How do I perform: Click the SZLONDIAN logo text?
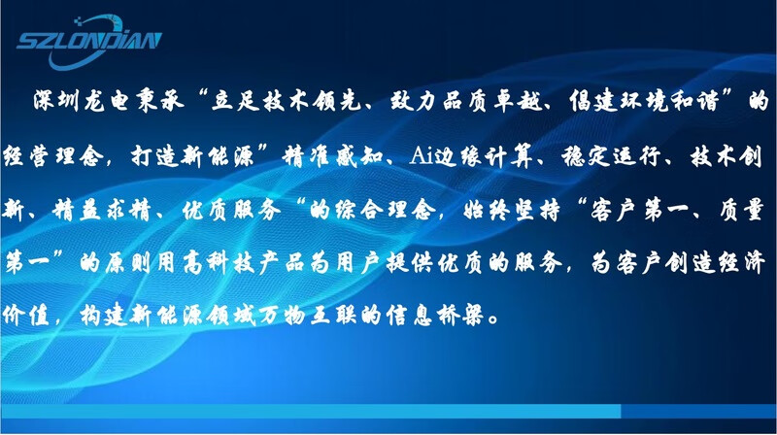tap(89, 41)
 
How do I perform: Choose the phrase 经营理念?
tap(53, 156)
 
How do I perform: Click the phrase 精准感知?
tap(333, 156)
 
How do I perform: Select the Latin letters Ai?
tap(421, 156)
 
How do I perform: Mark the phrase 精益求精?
tap(101, 211)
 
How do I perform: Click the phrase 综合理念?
tap(385, 211)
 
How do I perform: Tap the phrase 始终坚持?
tap(512, 211)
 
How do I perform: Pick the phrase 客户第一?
tap(638, 211)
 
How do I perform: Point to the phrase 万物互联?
tap(308, 316)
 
